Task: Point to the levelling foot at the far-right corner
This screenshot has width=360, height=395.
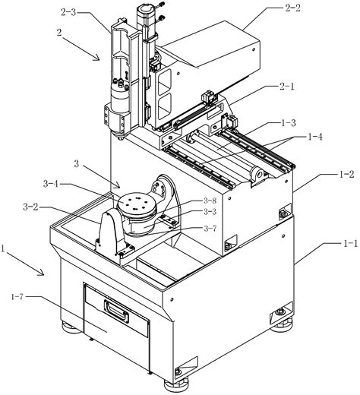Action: point(283,309)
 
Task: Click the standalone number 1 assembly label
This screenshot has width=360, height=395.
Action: point(7,250)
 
